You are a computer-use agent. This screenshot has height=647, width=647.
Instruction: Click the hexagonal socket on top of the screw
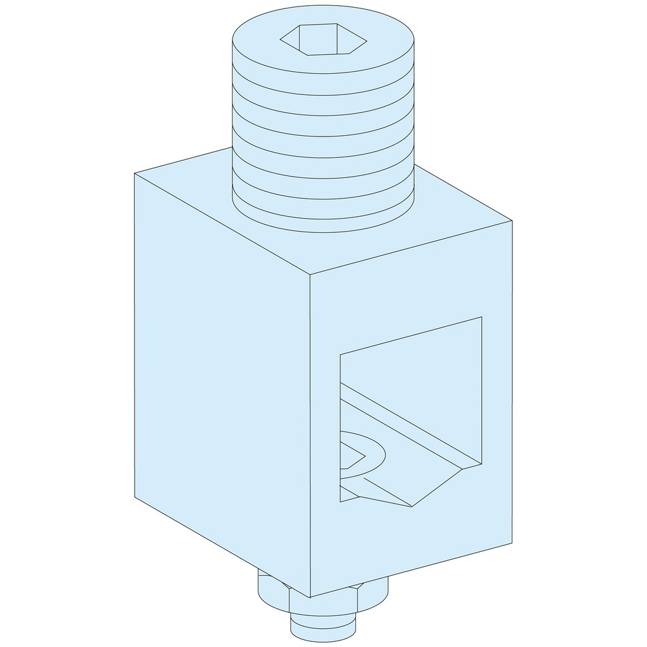pyautogui.click(x=323, y=40)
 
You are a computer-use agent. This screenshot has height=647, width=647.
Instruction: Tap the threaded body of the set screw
pyautogui.click(x=323, y=129)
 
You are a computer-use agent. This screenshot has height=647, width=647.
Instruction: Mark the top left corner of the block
pyautogui.click(x=135, y=173)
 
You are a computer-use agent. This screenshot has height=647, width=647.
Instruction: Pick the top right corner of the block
pyautogui.click(x=512, y=221)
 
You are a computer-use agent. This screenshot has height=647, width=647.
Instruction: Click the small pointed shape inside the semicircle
pyautogui.click(x=349, y=461)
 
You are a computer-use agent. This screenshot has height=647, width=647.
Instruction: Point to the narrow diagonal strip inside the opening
pyautogui.click(x=414, y=421)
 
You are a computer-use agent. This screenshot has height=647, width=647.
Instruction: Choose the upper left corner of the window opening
pyautogui.click(x=340, y=354)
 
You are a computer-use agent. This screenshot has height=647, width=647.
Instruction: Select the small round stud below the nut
pyautogui.click(x=323, y=628)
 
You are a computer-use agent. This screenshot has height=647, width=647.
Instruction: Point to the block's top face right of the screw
pyautogui.click(x=453, y=220)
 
